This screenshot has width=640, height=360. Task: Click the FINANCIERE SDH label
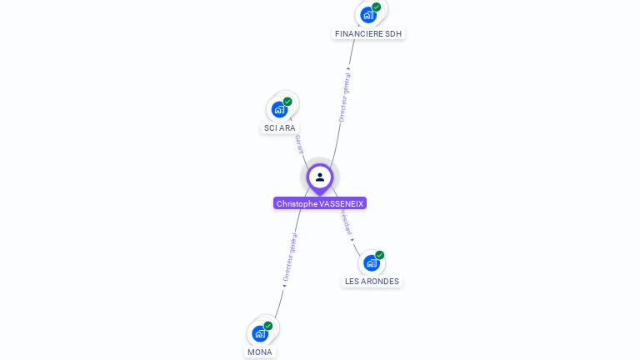point(368,33)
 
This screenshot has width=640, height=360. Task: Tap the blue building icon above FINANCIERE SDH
point(367,15)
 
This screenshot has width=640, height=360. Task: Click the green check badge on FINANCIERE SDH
point(377,7)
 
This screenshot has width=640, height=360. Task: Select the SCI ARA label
point(279,127)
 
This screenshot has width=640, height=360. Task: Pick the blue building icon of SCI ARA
point(279,109)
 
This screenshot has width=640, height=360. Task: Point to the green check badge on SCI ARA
point(287,102)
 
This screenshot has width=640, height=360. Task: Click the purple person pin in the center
point(320,177)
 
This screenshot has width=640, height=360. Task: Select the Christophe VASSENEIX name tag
point(320,203)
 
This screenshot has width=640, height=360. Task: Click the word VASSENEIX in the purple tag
point(342,203)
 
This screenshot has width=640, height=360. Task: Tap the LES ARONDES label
point(372,281)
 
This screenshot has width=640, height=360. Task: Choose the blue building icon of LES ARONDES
point(372,263)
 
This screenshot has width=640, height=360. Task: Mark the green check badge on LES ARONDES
point(380,255)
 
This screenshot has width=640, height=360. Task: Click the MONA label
point(260,352)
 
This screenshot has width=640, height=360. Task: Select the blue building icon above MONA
point(260,334)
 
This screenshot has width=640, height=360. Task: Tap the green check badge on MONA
point(268,326)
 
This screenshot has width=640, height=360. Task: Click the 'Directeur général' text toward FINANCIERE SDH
point(344,97)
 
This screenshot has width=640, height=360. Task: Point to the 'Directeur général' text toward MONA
point(289,260)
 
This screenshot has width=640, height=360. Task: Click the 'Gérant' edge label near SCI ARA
point(299,144)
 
